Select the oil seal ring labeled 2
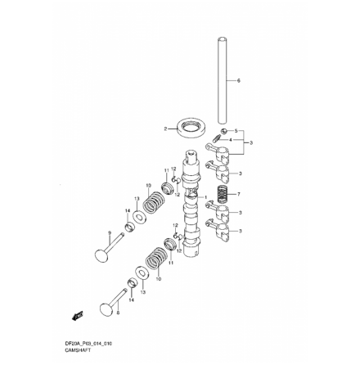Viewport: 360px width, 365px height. click(x=191, y=128)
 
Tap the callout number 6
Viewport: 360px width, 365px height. click(x=238, y=80)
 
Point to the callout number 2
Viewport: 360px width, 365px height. click(x=166, y=128)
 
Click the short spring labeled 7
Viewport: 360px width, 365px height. click(x=223, y=195)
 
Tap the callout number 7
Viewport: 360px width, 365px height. click(x=238, y=195)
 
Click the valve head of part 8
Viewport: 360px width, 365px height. click(x=106, y=309)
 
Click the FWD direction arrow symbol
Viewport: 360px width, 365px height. click(x=79, y=315)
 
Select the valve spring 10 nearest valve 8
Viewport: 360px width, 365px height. click(x=153, y=263)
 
